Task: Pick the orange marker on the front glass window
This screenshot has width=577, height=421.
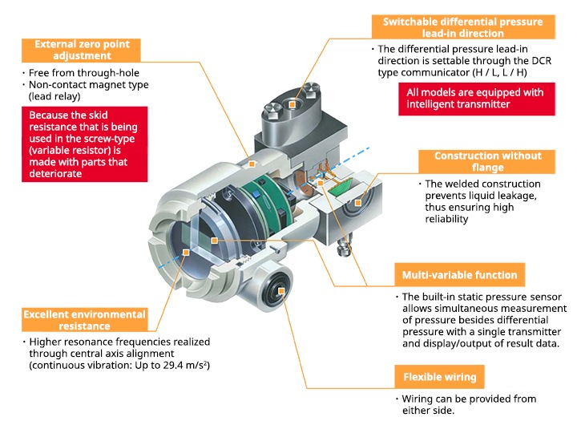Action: pos(186,253)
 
